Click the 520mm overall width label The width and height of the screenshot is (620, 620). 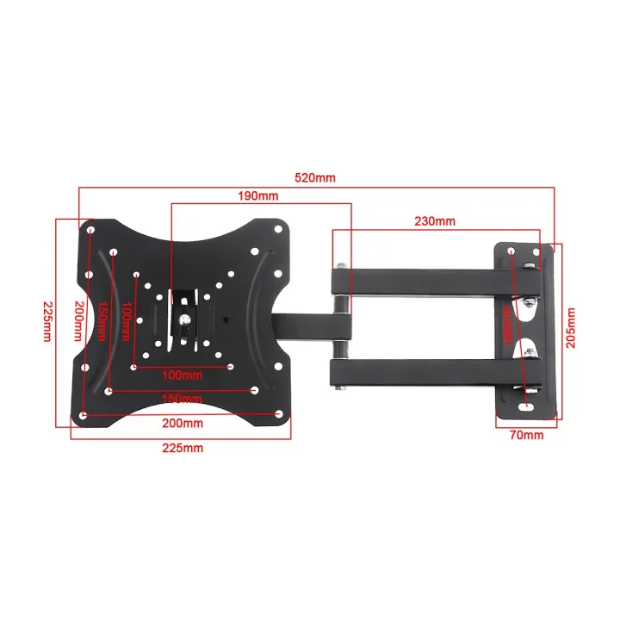pyautogui.click(x=316, y=177)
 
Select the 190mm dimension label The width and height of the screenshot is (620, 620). pyautogui.click(x=259, y=196)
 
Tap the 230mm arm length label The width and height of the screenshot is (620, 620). pyautogui.click(x=434, y=221)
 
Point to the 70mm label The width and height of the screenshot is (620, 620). pyautogui.click(x=526, y=436)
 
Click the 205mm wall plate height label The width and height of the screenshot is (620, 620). pyautogui.click(x=569, y=329)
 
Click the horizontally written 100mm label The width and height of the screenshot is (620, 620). pyautogui.click(x=183, y=375)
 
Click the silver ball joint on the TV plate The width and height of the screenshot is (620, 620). pyautogui.click(x=185, y=324)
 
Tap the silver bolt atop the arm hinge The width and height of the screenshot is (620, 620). pyautogui.click(x=344, y=263)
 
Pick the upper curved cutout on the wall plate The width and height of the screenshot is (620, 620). pyautogui.click(x=525, y=302)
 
